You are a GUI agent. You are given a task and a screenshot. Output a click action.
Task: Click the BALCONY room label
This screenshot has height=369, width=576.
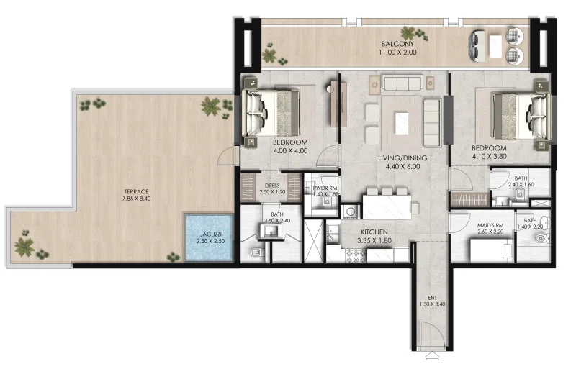pos(397,44)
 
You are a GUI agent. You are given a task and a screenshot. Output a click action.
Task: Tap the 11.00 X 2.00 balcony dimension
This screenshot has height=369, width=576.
pos(397,53)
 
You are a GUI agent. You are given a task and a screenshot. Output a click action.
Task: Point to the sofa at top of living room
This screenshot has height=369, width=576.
pos(405,83)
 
